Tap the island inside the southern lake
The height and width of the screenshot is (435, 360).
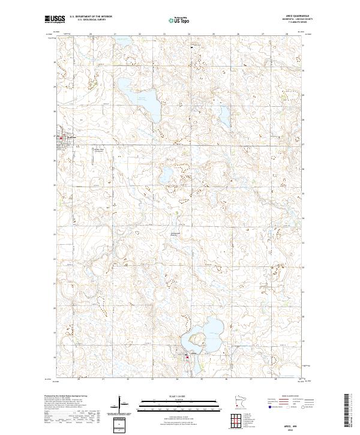tap(196, 342)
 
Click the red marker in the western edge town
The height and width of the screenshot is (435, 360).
tap(61, 136)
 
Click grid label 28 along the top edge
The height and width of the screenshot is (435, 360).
tap(287, 34)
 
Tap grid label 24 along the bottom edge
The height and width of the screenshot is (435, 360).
tap(177, 380)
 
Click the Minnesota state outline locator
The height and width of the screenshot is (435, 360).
tap(239, 401)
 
